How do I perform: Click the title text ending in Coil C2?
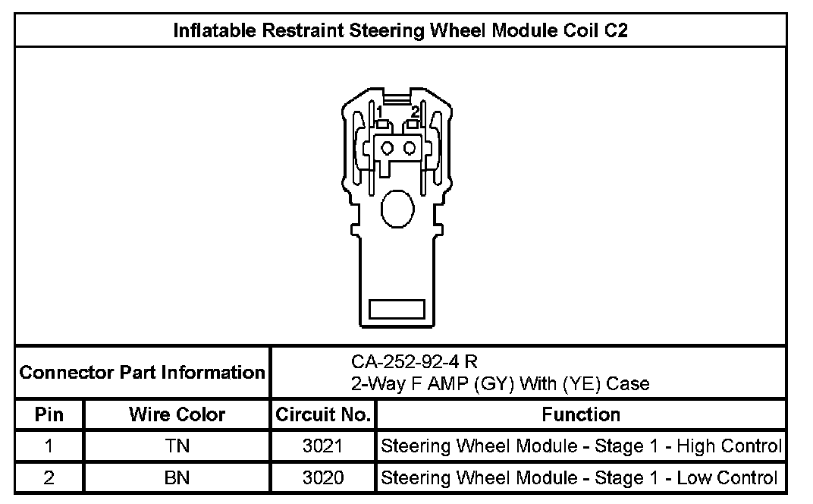(400, 31)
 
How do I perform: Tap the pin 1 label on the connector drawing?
(378, 112)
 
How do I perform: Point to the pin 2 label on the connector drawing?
(415, 112)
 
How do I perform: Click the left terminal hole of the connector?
(387, 146)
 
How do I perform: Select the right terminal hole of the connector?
(410, 146)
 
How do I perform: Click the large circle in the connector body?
(397, 206)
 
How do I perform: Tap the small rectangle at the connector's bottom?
(396, 309)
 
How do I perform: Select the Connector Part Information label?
(142, 373)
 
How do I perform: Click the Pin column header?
(49, 414)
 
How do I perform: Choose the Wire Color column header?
(177, 414)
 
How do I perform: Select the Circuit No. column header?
(323, 415)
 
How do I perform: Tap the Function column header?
(581, 414)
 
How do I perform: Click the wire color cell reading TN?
(177, 446)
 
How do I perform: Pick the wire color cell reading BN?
(177, 477)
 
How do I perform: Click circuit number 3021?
(323, 446)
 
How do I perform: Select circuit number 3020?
(323, 477)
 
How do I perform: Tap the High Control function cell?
(581, 446)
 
